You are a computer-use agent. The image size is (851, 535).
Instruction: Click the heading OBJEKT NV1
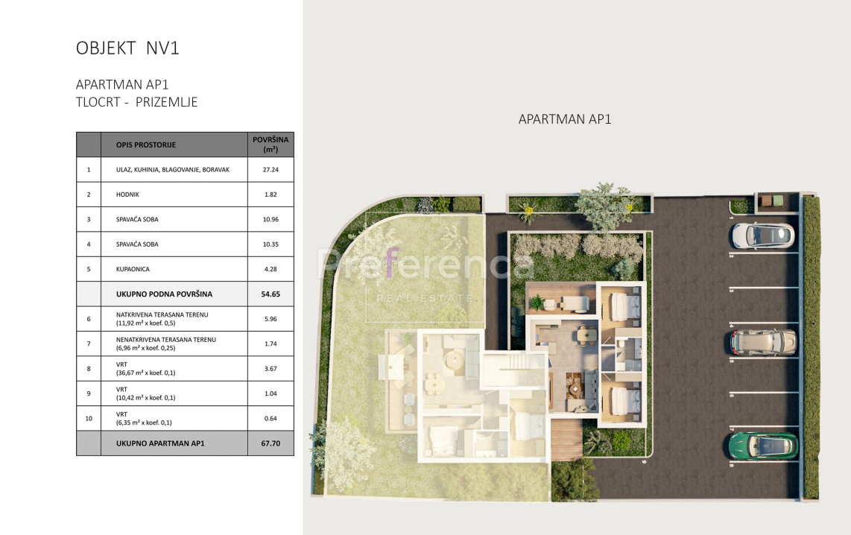point(127,48)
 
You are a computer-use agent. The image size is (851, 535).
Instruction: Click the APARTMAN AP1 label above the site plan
point(565,119)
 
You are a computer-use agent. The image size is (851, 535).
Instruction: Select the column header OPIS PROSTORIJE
point(146,145)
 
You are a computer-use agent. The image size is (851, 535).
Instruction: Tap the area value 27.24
point(271,170)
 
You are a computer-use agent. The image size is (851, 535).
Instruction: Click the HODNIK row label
point(128,194)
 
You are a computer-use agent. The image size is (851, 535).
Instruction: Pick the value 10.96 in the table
point(271,219)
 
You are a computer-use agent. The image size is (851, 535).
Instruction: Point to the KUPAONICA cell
point(133,269)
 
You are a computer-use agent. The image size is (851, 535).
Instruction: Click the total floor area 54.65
point(271,294)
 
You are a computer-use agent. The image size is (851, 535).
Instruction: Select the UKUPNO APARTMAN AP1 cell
point(160,443)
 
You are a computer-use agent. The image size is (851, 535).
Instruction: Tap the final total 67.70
point(271,443)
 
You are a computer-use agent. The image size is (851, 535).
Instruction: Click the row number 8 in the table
point(89,369)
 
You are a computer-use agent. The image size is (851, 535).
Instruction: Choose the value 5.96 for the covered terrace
point(271,319)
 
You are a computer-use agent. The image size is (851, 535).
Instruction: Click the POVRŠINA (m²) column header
point(271,145)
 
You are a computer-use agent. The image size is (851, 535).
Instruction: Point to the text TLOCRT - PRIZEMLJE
point(137,103)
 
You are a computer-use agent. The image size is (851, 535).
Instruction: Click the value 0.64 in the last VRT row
point(271,418)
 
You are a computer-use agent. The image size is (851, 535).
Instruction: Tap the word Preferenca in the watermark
point(425,265)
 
